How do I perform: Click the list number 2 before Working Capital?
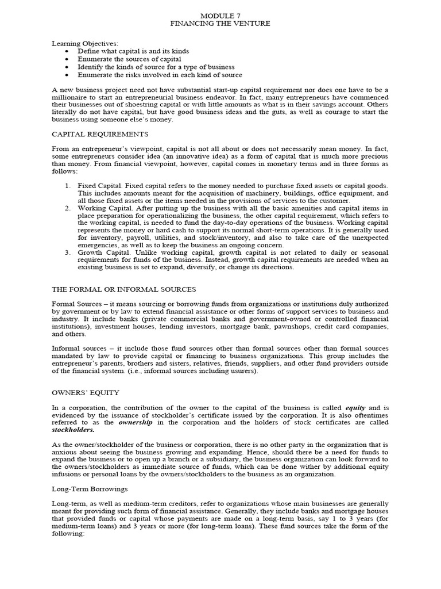pyautogui.click(x=67, y=208)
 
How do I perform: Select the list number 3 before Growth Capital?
pyautogui.click(x=67, y=253)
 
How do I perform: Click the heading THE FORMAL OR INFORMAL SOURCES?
pyautogui.click(x=123, y=289)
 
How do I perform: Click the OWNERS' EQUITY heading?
pyautogui.click(x=86, y=393)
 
